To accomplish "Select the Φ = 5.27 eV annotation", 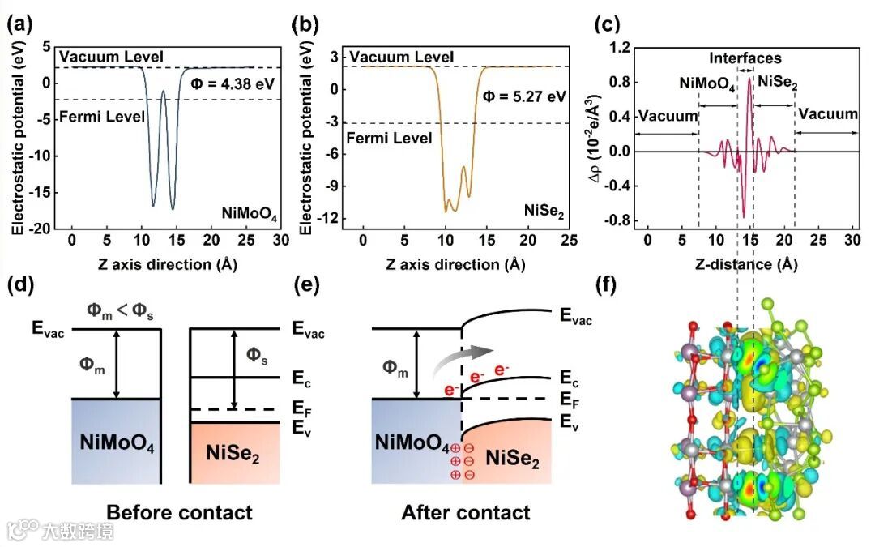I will [523, 96].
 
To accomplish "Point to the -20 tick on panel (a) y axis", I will [38, 229].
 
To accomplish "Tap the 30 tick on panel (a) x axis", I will [280, 241].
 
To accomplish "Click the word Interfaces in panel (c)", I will [745, 58].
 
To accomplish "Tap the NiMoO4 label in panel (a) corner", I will [248, 216].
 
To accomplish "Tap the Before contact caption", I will [179, 512].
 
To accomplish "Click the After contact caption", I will [465, 512].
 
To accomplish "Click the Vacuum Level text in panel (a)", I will [112, 57].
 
